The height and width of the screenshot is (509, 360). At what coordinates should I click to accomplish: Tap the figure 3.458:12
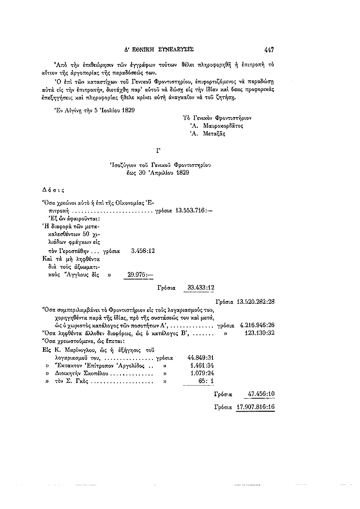(143, 251)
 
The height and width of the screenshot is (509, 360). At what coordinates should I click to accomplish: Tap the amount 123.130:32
(260, 333)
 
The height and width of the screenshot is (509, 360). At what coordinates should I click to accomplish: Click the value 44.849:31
(201, 358)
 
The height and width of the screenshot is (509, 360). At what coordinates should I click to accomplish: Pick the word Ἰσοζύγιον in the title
(126, 165)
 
